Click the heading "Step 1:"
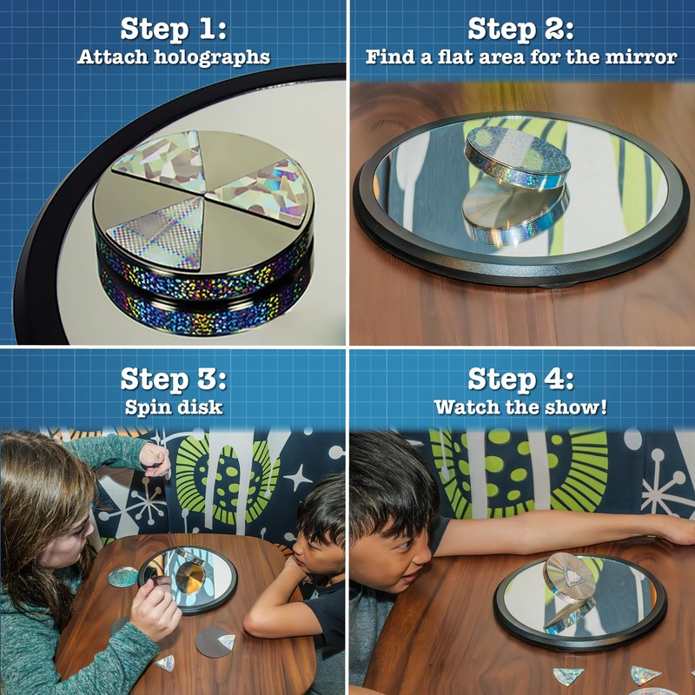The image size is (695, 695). [173, 29]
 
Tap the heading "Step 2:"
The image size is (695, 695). [520, 29]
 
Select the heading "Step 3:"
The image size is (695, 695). [173, 379]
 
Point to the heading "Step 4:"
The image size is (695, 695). [520, 379]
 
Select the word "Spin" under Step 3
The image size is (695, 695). [143, 407]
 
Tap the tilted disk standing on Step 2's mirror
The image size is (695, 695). [517, 156]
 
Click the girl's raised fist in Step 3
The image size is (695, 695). [155, 459]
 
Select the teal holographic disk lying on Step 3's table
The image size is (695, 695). [122, 577]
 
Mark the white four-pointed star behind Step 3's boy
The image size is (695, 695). [298, 478]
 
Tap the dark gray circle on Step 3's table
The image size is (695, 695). [213, 642]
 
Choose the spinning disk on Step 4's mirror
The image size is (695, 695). [569, 578]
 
